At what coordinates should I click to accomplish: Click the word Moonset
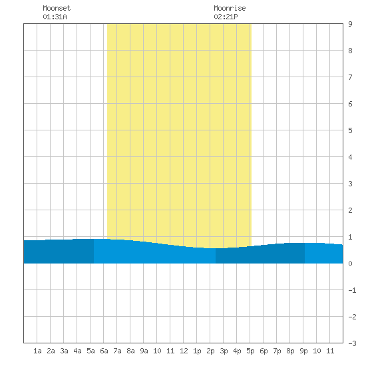(x=57, y=8)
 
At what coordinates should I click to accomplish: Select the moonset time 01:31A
(x=55, y=17)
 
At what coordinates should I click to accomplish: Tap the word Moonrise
(x=230, y=8)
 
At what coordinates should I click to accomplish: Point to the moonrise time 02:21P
(x=226, y=17)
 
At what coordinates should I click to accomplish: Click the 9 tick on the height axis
(x=350, y=24)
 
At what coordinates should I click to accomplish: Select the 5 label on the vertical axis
(x=350, y=130)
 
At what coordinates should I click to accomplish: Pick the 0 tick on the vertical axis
(x=350, y=264)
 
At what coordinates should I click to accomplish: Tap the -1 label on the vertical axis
(x=352, y=290)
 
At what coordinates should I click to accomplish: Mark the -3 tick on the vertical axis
(x=352, y=343)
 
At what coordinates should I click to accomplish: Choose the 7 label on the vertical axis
(x=350, y=77)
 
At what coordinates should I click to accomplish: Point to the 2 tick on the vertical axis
(x=350, y=210)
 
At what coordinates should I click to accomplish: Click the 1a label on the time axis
(x=37, y=351)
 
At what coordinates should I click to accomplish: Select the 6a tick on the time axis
(x=104, y=351)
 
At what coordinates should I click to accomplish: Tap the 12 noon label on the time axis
(x=184, y=351)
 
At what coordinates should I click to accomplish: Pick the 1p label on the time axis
(x=197, y=351)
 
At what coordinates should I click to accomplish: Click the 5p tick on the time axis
(x=250, y=351)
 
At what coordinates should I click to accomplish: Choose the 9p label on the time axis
(x=303, y=351)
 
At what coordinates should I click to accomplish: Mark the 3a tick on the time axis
(x=64, y=351)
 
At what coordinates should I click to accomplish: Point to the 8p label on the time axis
(x=290, y=351)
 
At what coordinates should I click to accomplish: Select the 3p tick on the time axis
(x=224, y=351)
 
